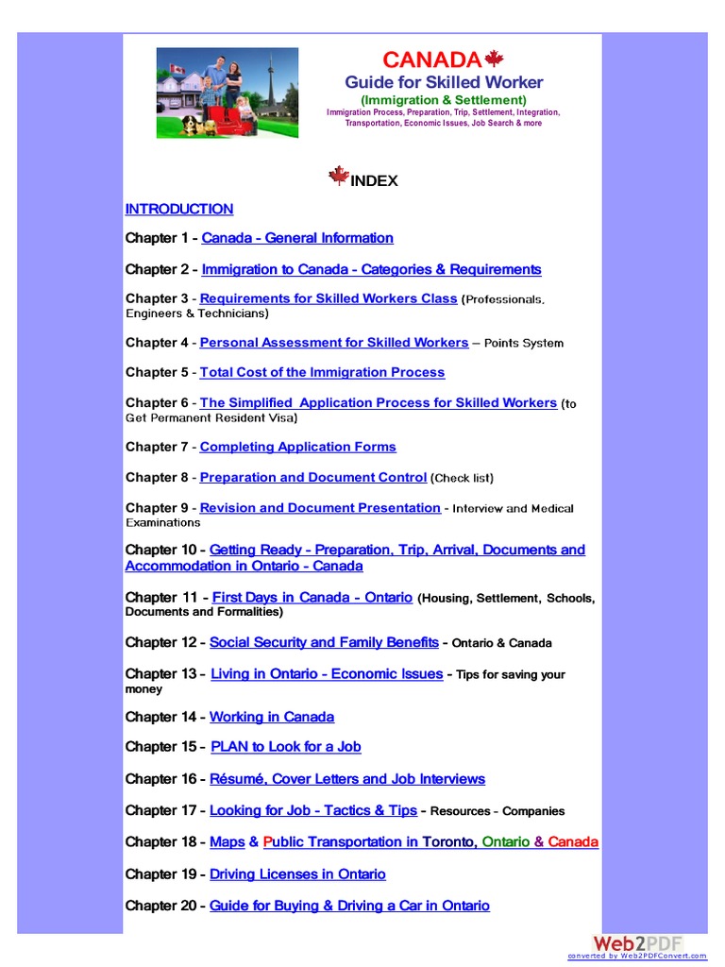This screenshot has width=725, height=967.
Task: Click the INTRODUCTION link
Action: point(179,209)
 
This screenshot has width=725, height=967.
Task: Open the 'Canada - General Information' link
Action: point(297,238)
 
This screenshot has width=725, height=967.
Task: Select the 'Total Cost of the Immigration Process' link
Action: point(322,372)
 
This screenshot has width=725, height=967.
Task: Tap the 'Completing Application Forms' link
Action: point(297,447)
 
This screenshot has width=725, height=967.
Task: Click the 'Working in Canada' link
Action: point(272,717)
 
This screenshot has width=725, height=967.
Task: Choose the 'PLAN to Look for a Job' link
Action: point(286,746)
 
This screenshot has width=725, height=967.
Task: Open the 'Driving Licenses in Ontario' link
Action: point(297,874)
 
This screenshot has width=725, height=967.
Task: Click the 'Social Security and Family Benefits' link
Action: point(324,642)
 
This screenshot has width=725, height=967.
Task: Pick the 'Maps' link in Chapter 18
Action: point(227,841)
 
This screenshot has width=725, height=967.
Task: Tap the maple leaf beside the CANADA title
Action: point(494,59)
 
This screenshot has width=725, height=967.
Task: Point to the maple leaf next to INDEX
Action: point(339,177)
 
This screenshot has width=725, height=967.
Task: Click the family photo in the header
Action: point(227,93)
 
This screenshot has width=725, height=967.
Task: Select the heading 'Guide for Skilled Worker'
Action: point(444,82)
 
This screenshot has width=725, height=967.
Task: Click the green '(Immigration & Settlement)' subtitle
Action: point(444,99)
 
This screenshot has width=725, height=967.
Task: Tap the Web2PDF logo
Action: point(637,943)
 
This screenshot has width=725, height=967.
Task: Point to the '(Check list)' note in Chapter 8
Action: point(463,478)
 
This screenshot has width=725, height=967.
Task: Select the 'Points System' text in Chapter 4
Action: point(524,343)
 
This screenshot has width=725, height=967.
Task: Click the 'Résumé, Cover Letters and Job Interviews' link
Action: point(347,779)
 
